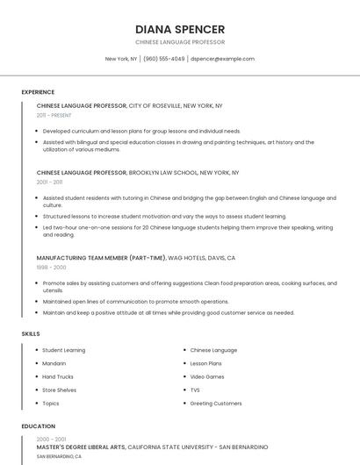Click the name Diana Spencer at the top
[180, 29]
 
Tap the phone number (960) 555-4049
[163, 59]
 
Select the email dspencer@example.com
[222, 59]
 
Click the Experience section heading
[38, 92]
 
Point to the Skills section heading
[31, 334]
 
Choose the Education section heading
[38, 426]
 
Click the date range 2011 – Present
[54, 115]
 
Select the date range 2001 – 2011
[49, 182]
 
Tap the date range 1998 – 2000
[51, 267]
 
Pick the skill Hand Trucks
[58, 376]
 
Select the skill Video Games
[207, 376]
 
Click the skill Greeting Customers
[215, 404]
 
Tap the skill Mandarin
[54, 363]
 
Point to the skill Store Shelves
[59, 390]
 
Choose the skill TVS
[195, 390]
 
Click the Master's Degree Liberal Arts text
[81, 447]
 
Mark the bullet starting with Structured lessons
[164, 216]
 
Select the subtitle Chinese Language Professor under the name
[180, 42]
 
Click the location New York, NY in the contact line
[121, 59]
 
